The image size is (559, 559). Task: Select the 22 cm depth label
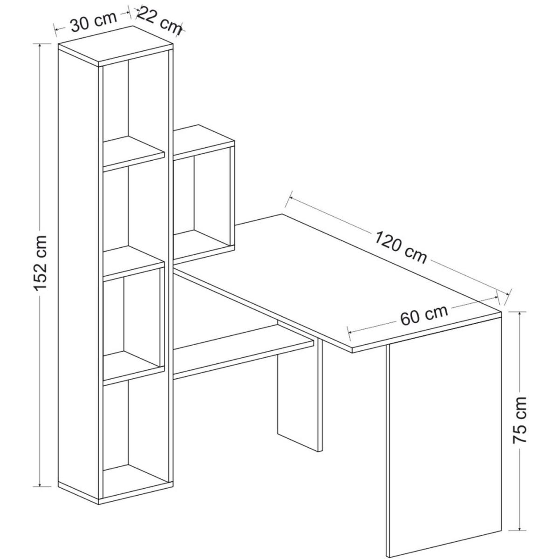coord(159,21)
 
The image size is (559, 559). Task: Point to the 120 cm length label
coord(401,246)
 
